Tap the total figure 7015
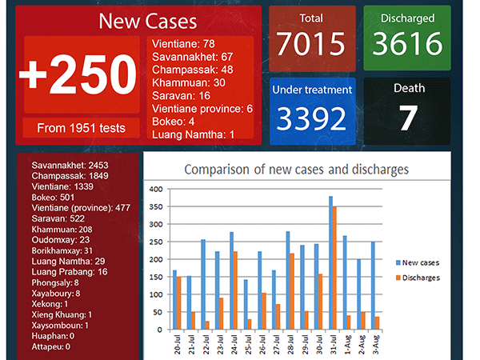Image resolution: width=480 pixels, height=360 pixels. [x=311, y=44]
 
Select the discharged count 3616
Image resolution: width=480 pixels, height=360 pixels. [x=407, y=44]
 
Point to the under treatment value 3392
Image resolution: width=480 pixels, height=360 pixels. [x=311, y=118]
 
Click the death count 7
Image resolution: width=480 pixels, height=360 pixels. [x=408, y=118]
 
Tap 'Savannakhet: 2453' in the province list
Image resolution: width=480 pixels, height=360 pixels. [x=70, y=165]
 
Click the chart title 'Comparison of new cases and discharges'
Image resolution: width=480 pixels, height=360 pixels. [x=297, y=170]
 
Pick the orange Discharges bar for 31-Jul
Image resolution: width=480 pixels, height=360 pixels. [x=335, y=267]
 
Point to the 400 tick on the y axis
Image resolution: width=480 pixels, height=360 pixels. [x=156, y=190]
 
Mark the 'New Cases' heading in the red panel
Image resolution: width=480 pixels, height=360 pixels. [x=137, y=22]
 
